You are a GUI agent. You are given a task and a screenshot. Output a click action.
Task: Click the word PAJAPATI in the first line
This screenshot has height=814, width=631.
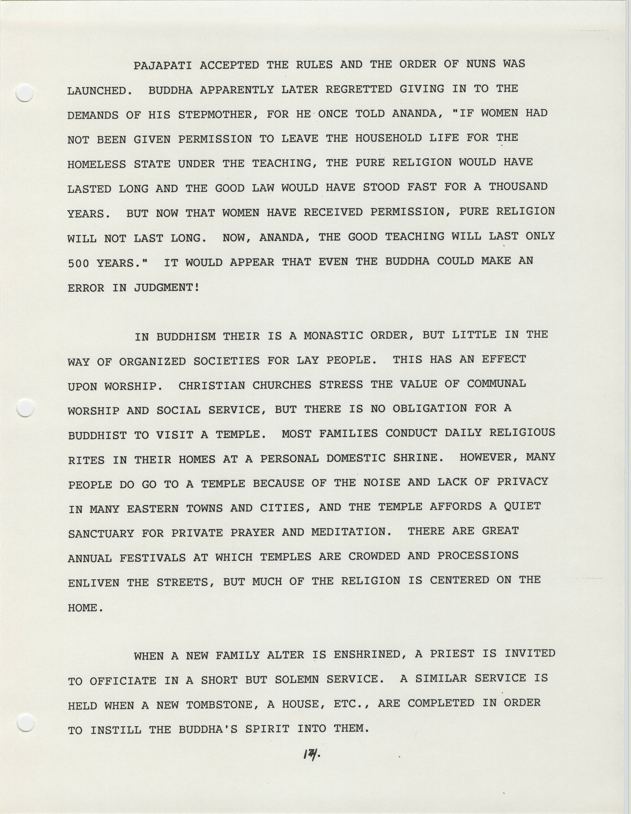[x=162, y=66]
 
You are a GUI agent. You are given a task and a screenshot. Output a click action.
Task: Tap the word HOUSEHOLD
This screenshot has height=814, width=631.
[x=388, y=138]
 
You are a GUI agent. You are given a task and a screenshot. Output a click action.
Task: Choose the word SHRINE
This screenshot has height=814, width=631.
[x=418, y=458]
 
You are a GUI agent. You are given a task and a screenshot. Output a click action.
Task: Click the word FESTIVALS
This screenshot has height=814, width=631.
[x=152, y=558]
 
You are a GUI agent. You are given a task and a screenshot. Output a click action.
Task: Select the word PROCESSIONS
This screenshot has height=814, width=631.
[x=478, y=556]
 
